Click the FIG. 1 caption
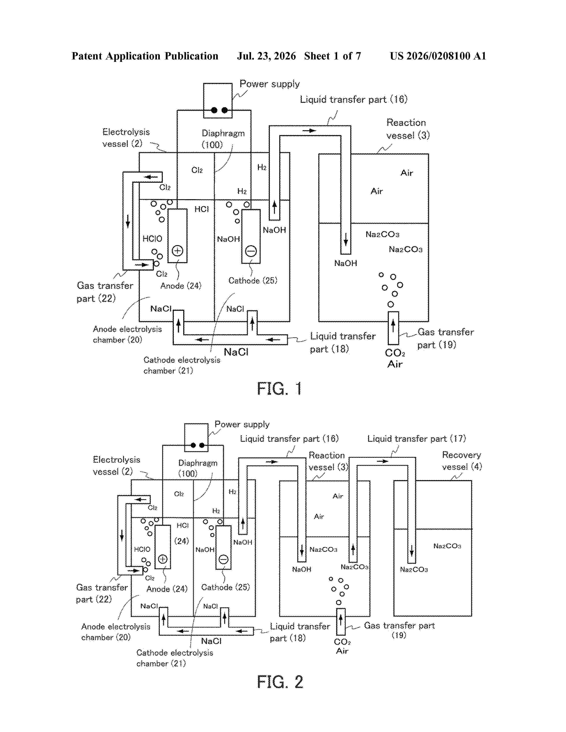point(279,389)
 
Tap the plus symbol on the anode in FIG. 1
point(177,251)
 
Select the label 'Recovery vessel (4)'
point(462,461)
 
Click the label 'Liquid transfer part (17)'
point(416,439)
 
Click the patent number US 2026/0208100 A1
point(438,56)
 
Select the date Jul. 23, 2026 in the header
point(267,56)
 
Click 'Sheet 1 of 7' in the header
point(333,56)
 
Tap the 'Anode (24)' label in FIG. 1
point(181,286)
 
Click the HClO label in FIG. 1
point(152,239)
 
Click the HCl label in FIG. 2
point(183,525)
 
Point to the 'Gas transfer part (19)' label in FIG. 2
point(399,630)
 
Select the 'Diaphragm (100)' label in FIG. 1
point(223,139)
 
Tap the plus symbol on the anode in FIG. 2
point(163,559)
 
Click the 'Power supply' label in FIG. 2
point(242,425)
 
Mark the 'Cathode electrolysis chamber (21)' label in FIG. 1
point(182,365)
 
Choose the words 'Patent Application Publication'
point(145,56)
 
